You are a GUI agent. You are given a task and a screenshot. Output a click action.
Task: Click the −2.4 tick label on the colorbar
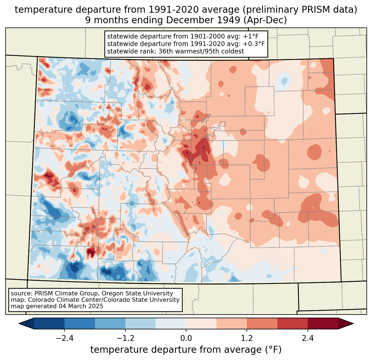[x=64, y=338]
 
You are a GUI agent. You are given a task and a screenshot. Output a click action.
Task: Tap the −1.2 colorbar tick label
[x=125, y=338]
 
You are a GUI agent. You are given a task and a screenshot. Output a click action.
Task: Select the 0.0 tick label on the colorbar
[x=186, y=338]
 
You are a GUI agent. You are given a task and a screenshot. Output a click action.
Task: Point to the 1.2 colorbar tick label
[x=247, y=338]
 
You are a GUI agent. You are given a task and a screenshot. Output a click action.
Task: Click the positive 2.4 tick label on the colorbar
[x=308, y=338]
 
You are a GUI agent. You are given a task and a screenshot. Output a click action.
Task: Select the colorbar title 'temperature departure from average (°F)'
[x=186, y=350]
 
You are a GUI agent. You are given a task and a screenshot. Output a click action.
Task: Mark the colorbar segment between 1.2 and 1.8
[x=262, y=323]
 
